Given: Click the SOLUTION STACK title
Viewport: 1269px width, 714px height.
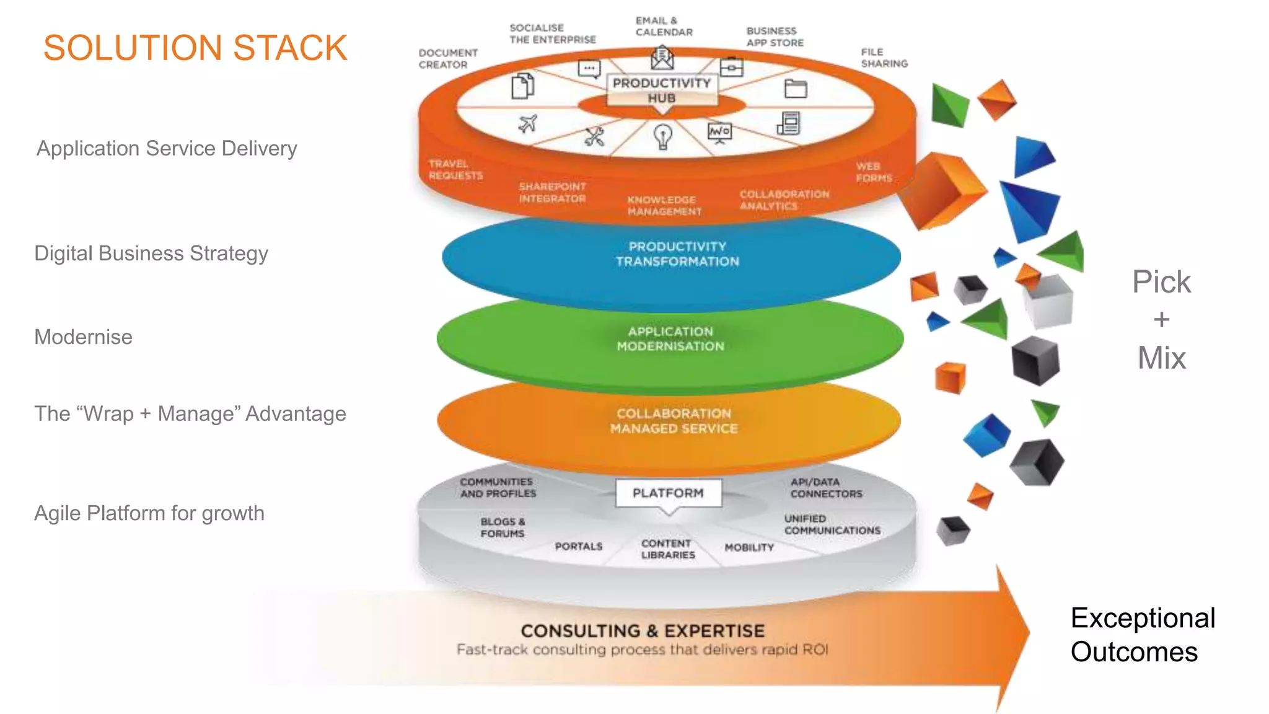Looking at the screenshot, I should pos(195,48).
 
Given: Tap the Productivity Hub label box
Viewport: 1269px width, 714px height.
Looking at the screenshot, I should pos(662,90).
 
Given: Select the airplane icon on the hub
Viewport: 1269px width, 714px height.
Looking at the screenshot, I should pos(527,124).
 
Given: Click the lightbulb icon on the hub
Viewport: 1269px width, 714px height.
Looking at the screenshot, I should pos(663,136).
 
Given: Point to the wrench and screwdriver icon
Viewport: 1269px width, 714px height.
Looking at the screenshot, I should pos(594,136).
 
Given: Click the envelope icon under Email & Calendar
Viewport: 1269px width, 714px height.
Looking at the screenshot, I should pos(662,59).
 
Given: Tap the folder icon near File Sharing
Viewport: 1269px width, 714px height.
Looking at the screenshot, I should pos(796,89).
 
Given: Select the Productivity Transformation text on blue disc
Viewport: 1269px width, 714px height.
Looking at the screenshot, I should pos(677,254).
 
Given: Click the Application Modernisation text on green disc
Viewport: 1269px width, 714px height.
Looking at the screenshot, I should pos(670,339).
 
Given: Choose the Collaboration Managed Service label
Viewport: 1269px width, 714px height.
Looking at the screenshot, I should pos(674,421).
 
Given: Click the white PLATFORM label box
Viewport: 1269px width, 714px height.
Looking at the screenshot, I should pos(668,493).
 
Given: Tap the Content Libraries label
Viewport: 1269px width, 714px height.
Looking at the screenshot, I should pos(667,549).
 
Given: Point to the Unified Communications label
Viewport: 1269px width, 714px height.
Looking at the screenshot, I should pos(832,524).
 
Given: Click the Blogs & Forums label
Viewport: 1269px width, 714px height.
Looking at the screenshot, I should pos(503,527).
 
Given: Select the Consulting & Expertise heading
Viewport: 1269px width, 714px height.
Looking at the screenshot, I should pos(643,631).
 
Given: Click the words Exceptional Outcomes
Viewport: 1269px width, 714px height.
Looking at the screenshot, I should pos(1142,635).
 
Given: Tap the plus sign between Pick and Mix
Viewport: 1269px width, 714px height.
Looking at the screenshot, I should pos(1161,320).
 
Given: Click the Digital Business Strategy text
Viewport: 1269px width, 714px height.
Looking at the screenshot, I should pos(151,253).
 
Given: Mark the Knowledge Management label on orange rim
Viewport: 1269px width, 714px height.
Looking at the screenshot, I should pos(664,206).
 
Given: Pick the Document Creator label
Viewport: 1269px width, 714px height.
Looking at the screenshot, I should pos(447,59).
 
